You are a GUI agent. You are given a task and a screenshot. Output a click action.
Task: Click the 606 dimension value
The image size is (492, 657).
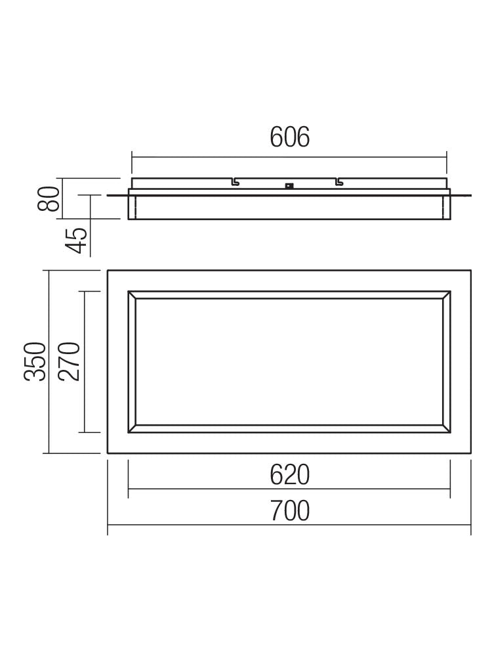(289, 137)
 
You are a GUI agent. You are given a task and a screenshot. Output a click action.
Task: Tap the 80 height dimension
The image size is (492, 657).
(50, 198)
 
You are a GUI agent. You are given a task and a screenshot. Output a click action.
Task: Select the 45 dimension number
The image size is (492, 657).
(77, 240)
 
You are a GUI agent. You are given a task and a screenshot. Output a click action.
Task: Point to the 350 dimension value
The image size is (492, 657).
(35, 361)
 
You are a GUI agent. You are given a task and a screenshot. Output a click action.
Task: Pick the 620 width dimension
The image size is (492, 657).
(289, 474)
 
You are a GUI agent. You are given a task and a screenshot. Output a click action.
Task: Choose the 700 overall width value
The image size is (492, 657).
(289, 510)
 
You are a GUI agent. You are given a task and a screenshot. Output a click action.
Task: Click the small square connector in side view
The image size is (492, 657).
(288, 185)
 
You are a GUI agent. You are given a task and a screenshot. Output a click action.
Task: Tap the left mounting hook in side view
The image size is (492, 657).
(234, 181)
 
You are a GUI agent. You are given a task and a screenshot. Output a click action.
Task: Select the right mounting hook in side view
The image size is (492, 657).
(338, 181)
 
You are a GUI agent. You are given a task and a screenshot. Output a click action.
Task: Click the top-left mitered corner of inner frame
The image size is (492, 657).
(132, 295)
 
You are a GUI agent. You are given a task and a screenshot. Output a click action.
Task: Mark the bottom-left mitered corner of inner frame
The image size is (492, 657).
(132, 429)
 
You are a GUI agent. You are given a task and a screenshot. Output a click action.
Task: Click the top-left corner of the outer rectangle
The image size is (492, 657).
(108, 271)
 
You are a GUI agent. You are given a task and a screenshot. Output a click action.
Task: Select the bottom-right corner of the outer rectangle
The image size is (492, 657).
(470, 453)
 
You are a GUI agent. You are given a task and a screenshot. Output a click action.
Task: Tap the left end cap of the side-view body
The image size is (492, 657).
(132, 206)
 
